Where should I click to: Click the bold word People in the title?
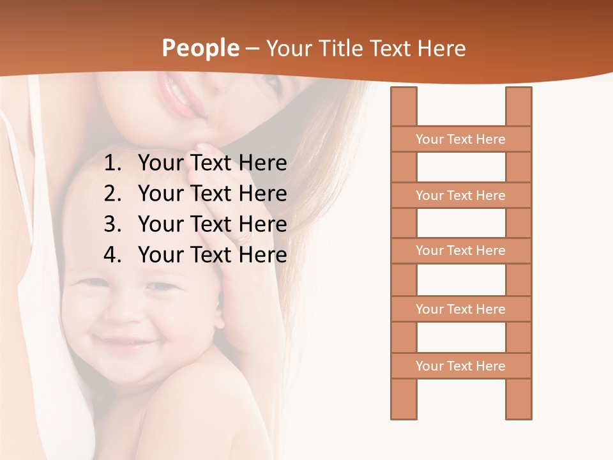pyautogui.click(x=200, y=48)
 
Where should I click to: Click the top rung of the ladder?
pyautogui.click(x=460, y=139)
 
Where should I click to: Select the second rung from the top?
pyautogui.click(x=460, y=195)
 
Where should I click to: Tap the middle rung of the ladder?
pyautogui.click(x=460, y=250)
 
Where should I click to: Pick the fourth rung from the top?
pyautogui.click(x=460, y=309)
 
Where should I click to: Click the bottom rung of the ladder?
pyautogui.click(x=460, y=366)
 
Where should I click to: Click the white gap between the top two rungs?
pyautogui.click(x=460, y=167)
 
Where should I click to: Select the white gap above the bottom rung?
pyautogui.click(x=460, y=337)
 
